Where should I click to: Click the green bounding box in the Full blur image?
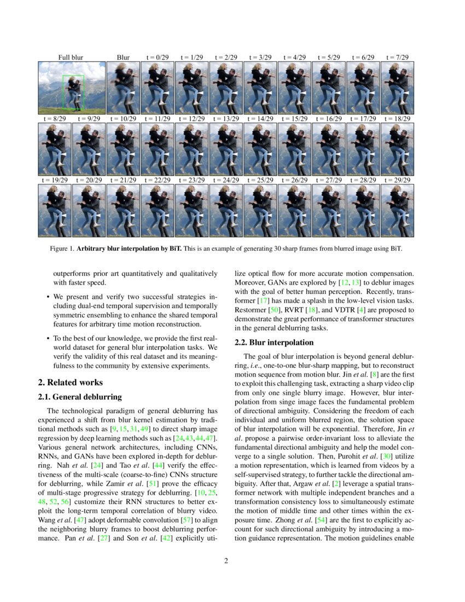(64, 92)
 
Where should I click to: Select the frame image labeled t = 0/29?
(158, 88)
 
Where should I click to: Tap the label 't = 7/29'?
(397, 57)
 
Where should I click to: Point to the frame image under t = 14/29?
(260, 149)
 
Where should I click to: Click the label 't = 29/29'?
(397, 180)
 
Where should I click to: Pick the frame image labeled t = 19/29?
(54, 210)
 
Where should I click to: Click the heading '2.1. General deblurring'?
(80, 397)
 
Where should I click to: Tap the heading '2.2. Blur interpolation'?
(274, 343)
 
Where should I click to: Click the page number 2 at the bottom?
(226, 560)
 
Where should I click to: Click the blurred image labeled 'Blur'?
(123, 88)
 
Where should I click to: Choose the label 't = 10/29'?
(123, 118)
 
